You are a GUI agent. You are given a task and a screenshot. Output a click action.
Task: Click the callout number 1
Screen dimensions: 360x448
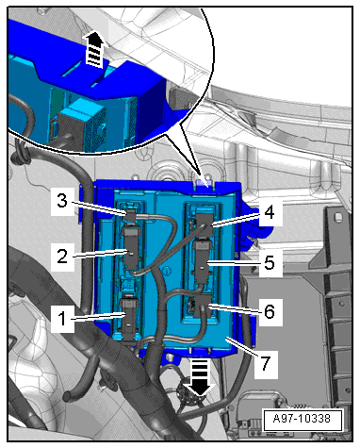point(62,319)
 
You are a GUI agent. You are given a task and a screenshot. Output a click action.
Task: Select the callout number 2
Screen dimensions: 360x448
point(62,257)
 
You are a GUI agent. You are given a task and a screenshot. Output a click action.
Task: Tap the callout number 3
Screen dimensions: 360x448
point(62,200)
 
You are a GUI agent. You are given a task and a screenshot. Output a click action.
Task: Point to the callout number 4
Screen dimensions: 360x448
point(269,212)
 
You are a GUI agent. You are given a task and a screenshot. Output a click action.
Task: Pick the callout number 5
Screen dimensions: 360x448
point(270,262)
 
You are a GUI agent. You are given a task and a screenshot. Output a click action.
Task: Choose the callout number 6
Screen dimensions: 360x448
point(270,311)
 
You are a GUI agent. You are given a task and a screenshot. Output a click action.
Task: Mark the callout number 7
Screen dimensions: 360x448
point(266,364)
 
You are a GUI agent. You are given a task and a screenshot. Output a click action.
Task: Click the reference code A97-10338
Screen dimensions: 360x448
point(302,419)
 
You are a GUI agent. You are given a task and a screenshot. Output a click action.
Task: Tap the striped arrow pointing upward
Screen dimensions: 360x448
point(94,49)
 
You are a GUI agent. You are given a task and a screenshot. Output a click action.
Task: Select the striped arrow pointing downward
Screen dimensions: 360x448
point(200,377)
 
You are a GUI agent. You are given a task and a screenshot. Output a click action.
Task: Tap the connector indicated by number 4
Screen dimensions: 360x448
point(205,224)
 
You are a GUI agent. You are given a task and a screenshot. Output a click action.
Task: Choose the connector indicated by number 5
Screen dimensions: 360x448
point(204,261)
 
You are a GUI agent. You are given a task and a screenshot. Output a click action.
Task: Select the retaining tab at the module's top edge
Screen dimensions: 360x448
point(205,183)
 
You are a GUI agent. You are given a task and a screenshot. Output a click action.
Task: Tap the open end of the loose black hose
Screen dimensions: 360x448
point(68,396)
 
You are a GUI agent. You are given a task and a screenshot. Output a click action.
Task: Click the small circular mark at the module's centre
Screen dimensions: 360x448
point(167,271)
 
